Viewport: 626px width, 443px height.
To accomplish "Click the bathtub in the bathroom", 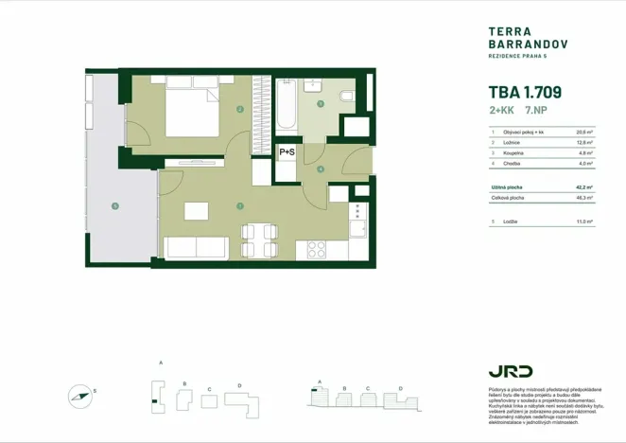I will (x=286, y=109).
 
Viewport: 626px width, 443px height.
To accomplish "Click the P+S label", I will (x=287, y=151).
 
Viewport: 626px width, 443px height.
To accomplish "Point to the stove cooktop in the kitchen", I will (x=314, y=250).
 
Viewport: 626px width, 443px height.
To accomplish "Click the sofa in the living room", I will (x=197, y=248).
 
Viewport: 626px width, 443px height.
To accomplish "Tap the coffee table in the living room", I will (x=196, y=211).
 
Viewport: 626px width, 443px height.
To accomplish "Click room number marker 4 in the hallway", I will (x=321, y=170).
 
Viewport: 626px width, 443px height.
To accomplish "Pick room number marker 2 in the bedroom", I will (x=241, y=111).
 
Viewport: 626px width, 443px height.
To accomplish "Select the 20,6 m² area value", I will (x=583, y=133).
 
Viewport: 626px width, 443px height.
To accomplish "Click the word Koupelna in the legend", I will (x=514, y=153).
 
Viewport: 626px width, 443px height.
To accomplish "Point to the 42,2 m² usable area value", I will (x=583, y=187).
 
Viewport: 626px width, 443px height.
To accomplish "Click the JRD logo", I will (x=511, y=370).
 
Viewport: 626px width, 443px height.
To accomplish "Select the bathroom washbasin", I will (x=320, y=102).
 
